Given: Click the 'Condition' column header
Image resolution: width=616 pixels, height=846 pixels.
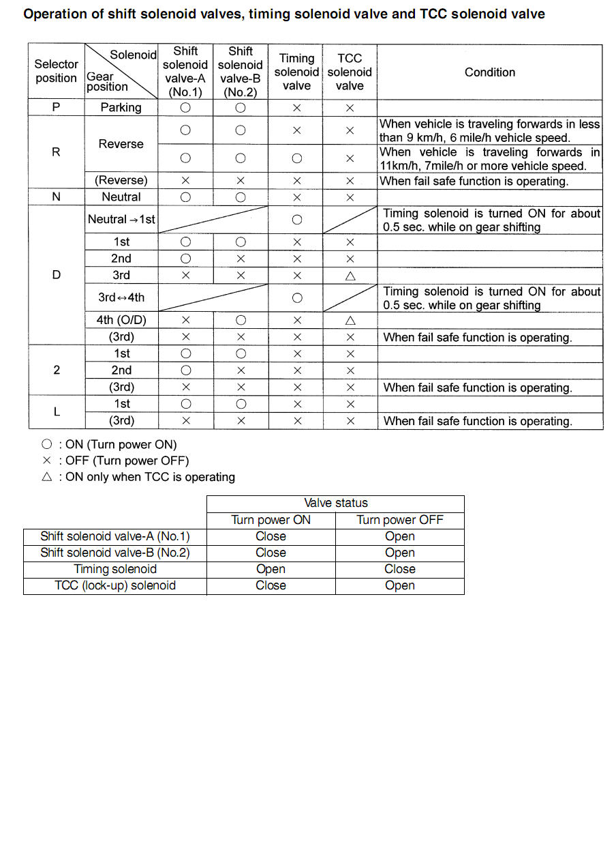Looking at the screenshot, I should [x=489, y=72].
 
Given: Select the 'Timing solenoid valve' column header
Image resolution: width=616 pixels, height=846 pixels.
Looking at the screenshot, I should [x=296, y=72].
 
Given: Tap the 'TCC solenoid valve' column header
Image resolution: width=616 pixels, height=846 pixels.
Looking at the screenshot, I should [x=350, y=72].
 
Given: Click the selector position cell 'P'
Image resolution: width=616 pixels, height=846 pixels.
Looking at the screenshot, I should [x=56, y=107].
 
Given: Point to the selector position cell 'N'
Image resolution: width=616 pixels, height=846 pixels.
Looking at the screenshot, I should [x=56, y=196].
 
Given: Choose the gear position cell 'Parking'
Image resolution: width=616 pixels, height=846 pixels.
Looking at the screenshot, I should [x=121, y=107].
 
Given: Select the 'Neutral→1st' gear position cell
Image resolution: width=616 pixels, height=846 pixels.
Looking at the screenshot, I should [x=121, y=220].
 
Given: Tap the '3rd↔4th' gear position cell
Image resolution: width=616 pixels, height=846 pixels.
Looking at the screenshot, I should [x=121, y=297].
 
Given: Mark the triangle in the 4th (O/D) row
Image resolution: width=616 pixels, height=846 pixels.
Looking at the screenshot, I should [x=350, y=321].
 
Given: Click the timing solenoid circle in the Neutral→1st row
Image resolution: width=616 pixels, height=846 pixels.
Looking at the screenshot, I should [x=296, y=220].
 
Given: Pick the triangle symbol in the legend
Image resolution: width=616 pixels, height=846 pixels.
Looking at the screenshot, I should [x=46, y=478].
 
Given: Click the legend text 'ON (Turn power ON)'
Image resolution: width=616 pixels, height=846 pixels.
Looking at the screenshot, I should [x=121, y=444].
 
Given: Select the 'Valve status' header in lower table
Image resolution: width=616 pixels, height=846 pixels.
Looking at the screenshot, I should [x=335, y=503].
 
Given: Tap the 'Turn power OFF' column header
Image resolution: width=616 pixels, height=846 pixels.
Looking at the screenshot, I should [x=399, y=520].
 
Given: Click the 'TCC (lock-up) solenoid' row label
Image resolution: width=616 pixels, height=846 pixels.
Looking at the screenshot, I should [x=115, y=585].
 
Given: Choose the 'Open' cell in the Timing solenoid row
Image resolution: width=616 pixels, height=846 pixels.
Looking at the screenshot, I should [x=271, y=569].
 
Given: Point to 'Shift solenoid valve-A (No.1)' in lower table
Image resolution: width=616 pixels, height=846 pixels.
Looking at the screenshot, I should [x=115, y=536].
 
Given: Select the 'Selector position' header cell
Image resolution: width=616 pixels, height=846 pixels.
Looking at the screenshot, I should [x=56, y=71].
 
